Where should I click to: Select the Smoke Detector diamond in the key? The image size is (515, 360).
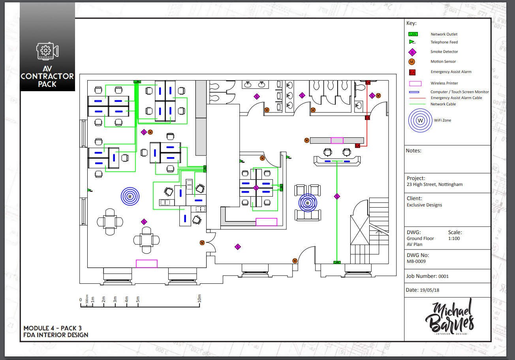(x=412, y=52)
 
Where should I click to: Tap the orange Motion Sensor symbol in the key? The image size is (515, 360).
(x=412, y=62)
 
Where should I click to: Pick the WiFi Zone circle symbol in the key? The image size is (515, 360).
(x=421, y=120)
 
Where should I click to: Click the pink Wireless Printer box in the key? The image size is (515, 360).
(x=415, y=83)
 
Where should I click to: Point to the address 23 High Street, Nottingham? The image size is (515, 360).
(x=434, y=184)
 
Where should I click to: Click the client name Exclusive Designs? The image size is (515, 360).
(x=424, y=205)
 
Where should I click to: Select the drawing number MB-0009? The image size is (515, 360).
(x=416, y=261)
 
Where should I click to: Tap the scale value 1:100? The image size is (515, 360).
(x=454, y=238)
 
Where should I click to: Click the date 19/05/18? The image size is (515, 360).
(x=430, y=290)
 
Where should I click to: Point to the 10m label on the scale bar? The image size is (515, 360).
(x=199, y=300)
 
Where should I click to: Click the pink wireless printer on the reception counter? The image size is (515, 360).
(x=337, y=141)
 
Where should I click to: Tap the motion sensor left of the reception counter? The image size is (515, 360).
(x=306, y=140)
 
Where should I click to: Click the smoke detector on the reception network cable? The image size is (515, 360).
(x=337, y=196)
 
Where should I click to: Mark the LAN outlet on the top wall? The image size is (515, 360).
(x=137, y=82)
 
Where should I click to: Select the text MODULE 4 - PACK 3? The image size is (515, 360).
(x=53, y=328)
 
